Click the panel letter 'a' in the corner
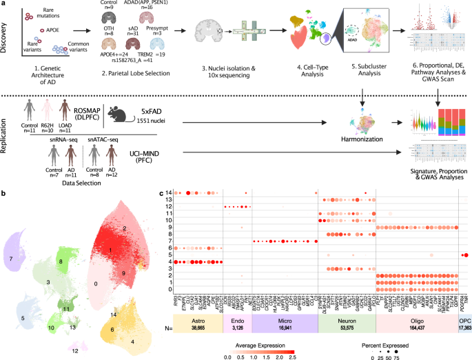(4, 5)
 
